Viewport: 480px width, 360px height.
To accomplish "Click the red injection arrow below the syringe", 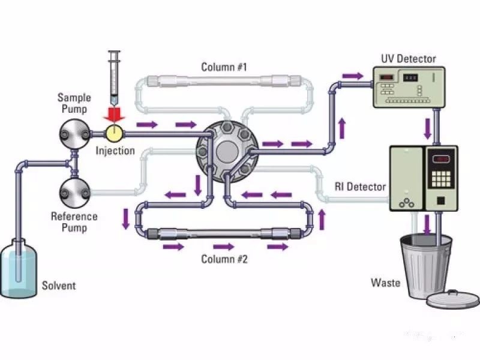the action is click(x=114, y=115).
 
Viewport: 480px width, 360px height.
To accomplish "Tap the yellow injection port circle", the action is click(x=114, y=133).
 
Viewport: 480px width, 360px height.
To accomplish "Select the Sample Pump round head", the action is click(x=74, y=134).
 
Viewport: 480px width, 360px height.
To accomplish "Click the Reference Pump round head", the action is click(x=74, y=193).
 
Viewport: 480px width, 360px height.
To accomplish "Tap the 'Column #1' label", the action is click(x=224, y=67).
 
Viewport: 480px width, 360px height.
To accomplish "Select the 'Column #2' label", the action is click(x=224, y=259).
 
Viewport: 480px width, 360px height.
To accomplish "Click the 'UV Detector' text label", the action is click(x=409, y=58).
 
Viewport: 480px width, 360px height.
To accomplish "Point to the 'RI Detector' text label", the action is click(x=360, y=187).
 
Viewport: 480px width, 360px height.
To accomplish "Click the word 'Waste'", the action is click(x=385, y=282).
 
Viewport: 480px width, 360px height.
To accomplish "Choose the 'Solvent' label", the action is click(x=59, y=286).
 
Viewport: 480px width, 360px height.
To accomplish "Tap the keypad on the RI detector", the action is click(x=441, y=179).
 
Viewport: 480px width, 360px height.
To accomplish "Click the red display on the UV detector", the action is click(x=386, y=78).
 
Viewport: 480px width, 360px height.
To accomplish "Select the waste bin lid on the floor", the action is click(x=452, y=299).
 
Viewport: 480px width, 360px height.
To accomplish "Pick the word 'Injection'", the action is click(x=115, y=151).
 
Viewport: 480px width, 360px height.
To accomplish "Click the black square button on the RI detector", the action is click(x=440, y=200).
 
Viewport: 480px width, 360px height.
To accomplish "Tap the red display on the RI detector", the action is click(x=441, y=159).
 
